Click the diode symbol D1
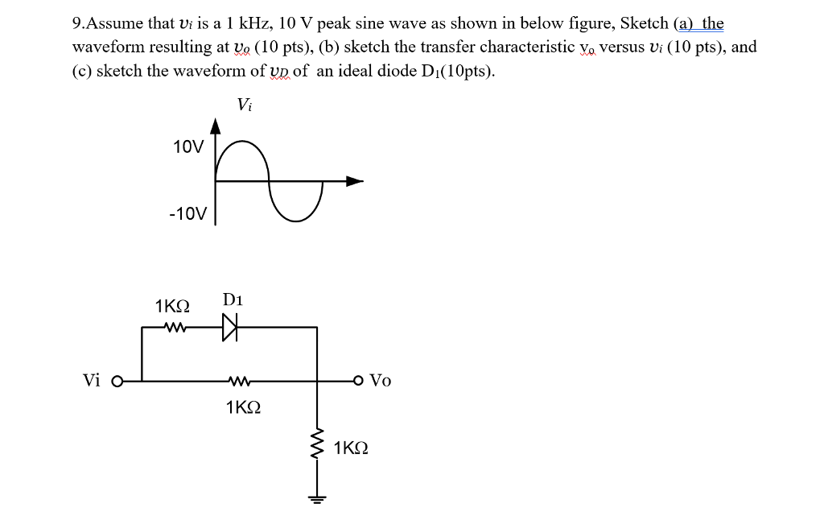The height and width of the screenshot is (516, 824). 230,328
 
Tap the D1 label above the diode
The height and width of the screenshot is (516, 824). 233,300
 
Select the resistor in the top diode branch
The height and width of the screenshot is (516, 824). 174,328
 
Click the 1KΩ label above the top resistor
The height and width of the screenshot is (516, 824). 172,307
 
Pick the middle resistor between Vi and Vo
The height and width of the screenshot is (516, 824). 240,381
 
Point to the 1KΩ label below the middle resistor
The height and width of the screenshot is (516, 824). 243,407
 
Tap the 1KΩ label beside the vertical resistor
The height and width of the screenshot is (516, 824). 351,448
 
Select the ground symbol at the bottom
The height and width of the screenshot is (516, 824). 317,497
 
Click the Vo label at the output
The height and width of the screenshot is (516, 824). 381,381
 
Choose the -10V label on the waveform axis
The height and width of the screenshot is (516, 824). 188,214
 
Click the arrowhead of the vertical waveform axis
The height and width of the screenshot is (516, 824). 216,124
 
